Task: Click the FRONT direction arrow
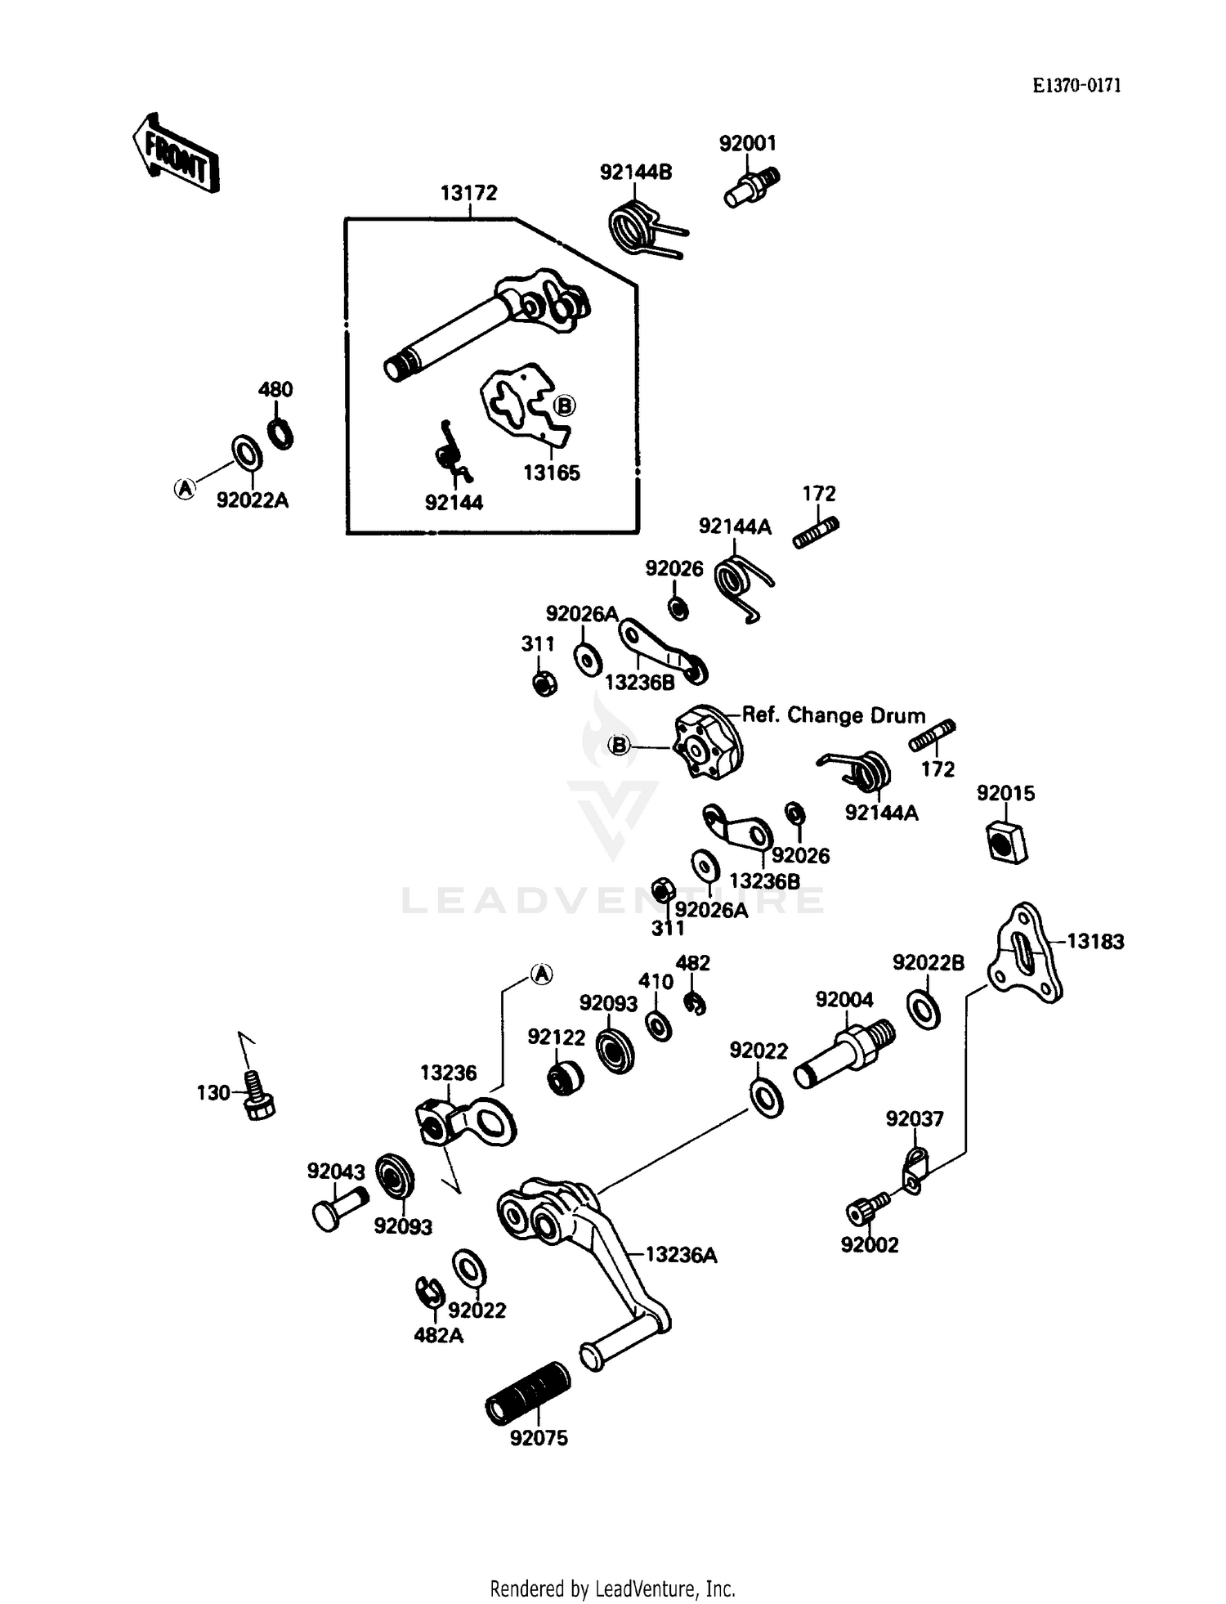pyautogui.click(x=175, y=153)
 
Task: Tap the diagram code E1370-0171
pyautogui.click(x=1076, y=86)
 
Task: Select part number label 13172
pyautogui.click(x=468, y=193)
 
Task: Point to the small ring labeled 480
pyautogui.click(x=280, y=433)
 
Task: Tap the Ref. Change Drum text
pyautogui.click(x=834, y=715)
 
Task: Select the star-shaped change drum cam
pyautogui.click(x=706, y=741)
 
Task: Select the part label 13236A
pyautogui.click(x=681, y=1255)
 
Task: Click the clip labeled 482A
pyautogui.click(x=428, y=1293)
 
